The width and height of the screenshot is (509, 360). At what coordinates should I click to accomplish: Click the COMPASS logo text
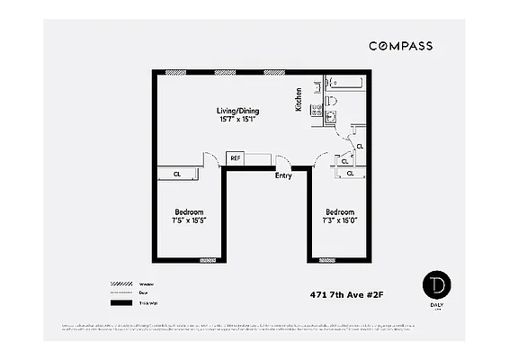coord(399,45)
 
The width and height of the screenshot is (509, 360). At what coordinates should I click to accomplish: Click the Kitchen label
coord(299,99)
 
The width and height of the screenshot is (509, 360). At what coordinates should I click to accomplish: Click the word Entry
coord(283,175)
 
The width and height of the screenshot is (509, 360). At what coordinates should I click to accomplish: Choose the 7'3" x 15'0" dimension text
coord(341,220)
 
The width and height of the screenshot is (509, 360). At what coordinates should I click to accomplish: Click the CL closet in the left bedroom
coord(177,173)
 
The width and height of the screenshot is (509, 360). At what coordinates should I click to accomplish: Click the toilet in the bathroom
coord(330,101)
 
